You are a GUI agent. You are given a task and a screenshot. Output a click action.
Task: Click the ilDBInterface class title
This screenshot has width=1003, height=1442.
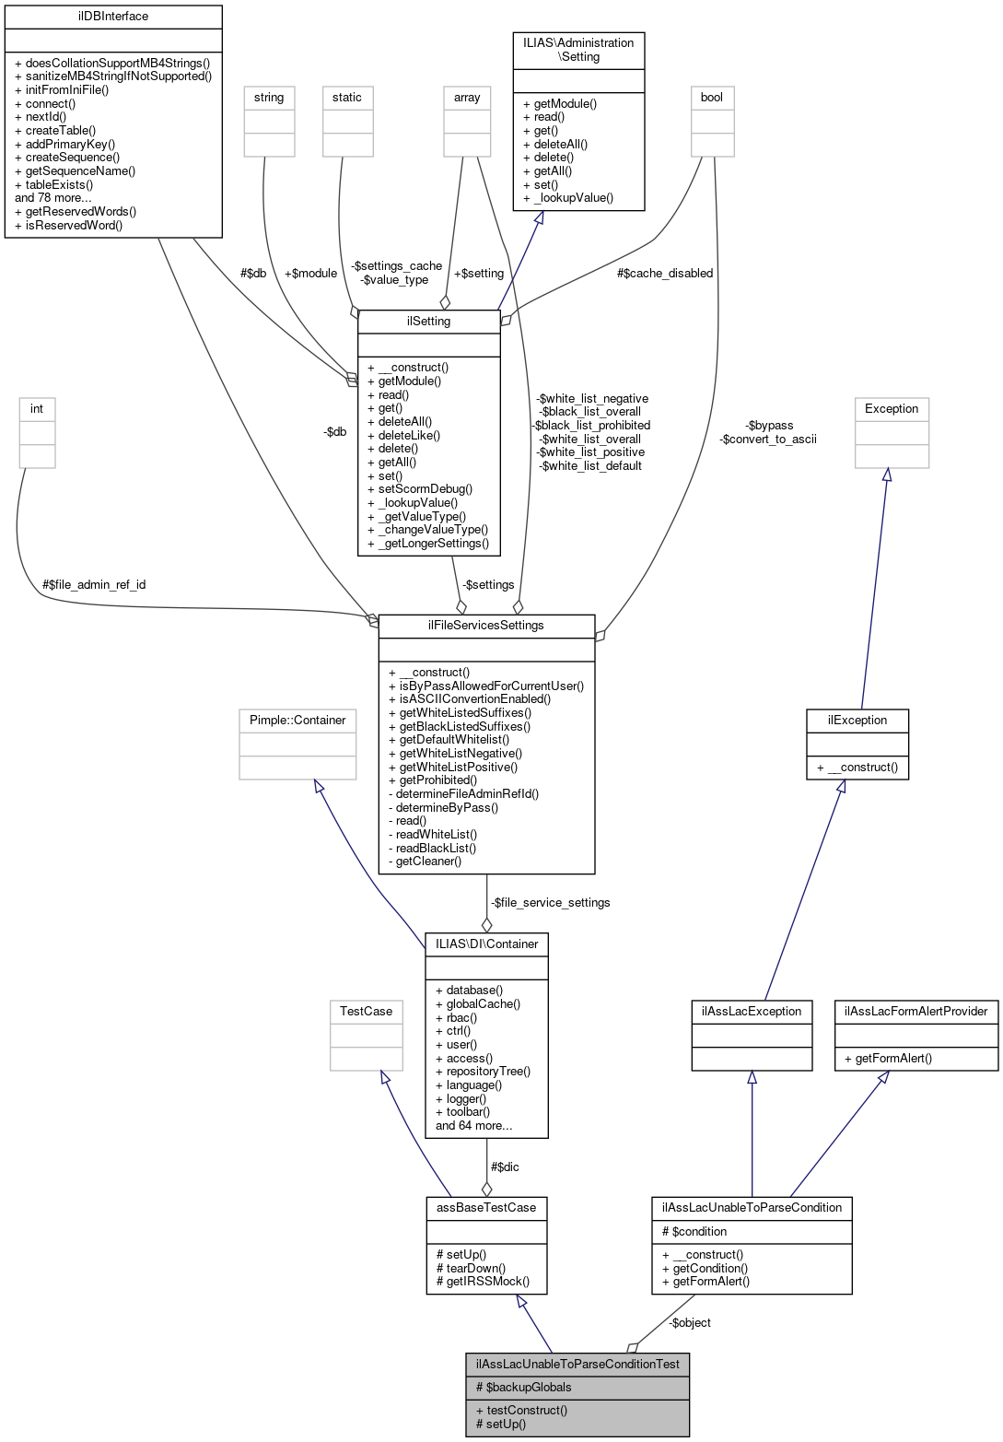[113, 17]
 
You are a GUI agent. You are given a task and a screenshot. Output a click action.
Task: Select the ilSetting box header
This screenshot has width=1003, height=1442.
[428, 321]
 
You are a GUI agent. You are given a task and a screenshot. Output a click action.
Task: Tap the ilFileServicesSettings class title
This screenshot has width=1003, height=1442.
[486, 625]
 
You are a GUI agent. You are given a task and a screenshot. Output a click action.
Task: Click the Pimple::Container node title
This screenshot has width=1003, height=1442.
[297, 720]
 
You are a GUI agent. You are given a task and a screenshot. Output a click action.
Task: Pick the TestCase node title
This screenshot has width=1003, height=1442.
[366, 1011]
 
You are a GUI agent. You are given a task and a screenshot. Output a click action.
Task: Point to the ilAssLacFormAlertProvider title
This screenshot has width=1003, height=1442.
[916, 1011]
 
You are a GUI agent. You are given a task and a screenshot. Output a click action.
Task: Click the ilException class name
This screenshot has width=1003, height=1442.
[857, 720]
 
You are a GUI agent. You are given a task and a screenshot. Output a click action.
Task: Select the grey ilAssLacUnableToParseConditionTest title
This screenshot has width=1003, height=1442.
[577, 1364]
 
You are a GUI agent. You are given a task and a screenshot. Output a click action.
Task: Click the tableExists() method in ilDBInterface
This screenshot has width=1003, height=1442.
[59, 184]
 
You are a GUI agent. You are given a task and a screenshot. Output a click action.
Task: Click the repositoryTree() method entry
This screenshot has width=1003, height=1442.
[483, 1071]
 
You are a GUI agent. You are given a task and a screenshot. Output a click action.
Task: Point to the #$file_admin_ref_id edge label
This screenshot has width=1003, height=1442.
[94, 584]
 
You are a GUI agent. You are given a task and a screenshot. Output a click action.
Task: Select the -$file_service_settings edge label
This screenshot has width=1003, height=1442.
[550, 902]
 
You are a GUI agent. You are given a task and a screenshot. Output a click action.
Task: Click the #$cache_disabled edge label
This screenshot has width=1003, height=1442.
[665, 273]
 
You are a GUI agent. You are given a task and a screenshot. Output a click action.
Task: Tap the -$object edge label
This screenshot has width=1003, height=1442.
[690, 1322]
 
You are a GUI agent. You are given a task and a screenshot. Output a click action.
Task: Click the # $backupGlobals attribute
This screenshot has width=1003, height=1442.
[523, 1387]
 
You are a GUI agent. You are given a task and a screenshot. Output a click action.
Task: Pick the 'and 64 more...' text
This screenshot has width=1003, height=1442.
[473, 1125]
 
